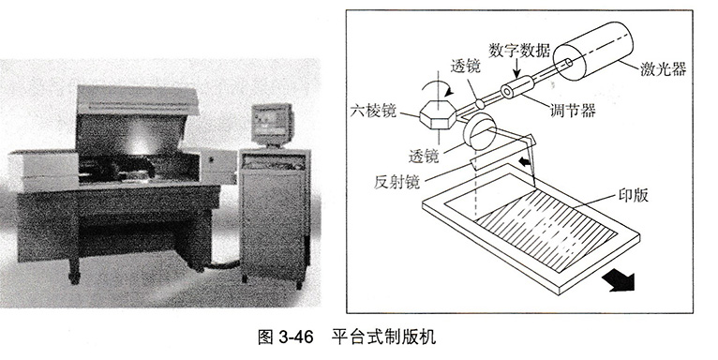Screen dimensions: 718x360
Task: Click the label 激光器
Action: click(663, 68)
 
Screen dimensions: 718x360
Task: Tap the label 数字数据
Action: click(519, 50)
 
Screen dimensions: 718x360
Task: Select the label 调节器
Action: click(573, 110)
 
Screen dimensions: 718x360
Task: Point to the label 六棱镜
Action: click(373, 111)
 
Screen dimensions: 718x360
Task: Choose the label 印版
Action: click(634, 195)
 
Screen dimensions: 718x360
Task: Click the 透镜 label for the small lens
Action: click(465, 67)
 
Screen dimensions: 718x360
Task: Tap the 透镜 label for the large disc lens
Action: click(424, 156)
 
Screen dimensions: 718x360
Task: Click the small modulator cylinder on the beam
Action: click(517, 87)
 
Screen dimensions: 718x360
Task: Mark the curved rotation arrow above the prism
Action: click(439, 88)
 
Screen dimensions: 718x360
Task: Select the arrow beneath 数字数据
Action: click(516, 67)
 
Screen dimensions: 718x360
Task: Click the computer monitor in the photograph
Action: click(272, 124)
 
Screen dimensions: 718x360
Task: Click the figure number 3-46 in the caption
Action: click(296, 337)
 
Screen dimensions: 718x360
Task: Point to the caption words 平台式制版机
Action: click(384, 337)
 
